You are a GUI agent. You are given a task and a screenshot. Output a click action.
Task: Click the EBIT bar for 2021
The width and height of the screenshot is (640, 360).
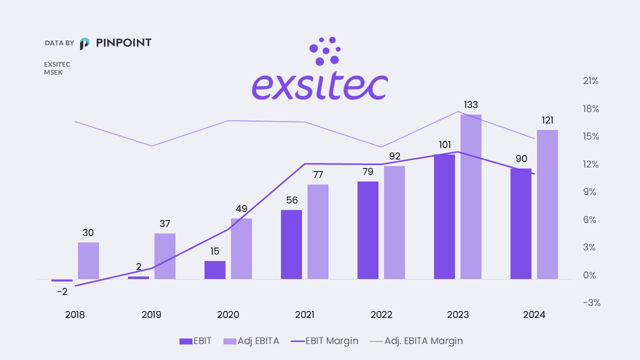291,244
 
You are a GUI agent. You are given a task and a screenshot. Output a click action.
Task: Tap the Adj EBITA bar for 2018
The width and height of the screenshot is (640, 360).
88,260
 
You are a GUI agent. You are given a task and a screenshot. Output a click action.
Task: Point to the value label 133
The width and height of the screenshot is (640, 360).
471,105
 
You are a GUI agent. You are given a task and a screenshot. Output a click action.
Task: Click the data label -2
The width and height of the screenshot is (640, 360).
62,291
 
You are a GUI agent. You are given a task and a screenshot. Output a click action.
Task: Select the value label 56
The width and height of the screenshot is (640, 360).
291,200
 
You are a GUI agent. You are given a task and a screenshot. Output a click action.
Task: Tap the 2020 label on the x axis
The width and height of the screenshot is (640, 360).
228,315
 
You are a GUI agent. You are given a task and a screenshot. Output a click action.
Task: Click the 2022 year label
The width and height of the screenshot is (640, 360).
381,315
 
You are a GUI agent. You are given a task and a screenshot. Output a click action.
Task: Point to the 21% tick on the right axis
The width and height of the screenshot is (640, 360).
591,81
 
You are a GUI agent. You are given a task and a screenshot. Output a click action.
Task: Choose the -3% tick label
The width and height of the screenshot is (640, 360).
591,303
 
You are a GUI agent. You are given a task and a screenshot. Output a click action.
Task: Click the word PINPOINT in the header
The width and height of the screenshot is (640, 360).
123,43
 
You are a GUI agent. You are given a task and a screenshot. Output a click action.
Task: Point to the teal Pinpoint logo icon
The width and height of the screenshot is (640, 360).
85,43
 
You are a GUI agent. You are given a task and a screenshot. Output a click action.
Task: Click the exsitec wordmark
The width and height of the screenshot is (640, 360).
320,86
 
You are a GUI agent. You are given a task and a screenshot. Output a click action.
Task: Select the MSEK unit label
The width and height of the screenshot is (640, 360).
53,72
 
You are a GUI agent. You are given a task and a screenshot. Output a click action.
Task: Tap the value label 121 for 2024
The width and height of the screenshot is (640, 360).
547,120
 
